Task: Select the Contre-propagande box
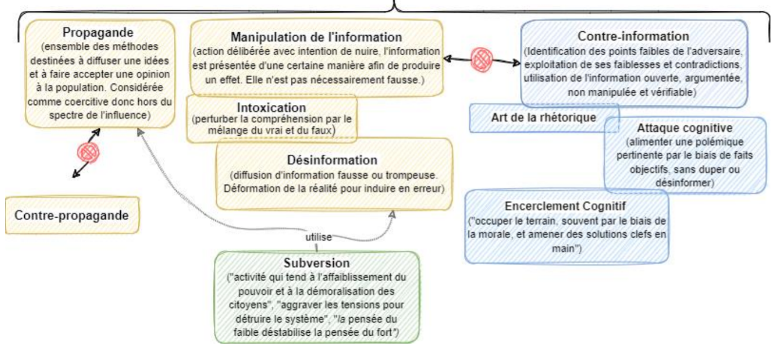[71, 215]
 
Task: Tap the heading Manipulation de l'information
[316, 37]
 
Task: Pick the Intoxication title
[272, 107]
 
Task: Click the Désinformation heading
[335, 160]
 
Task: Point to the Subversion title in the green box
[317, 263]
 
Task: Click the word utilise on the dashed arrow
[318, 237]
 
